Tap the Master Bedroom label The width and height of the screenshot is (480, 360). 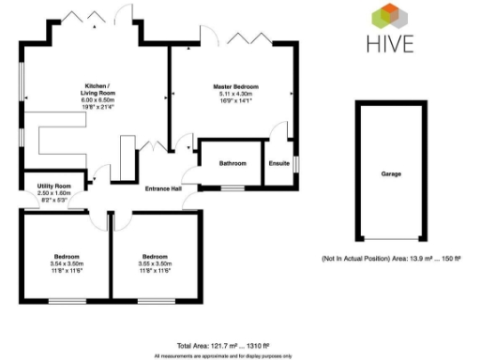(x=235, y=86)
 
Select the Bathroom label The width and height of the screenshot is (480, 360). (x=232, y=163)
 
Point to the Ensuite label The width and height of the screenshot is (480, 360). (x=278, y=163)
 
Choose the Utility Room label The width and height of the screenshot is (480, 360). (x=54, y=186)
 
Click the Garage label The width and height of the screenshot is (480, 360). (x=391, y=174)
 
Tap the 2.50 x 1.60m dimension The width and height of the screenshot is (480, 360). (x=54, y=192)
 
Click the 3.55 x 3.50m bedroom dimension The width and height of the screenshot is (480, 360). (x=156, y=263)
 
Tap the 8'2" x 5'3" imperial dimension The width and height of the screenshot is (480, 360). (x=54, y=199)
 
